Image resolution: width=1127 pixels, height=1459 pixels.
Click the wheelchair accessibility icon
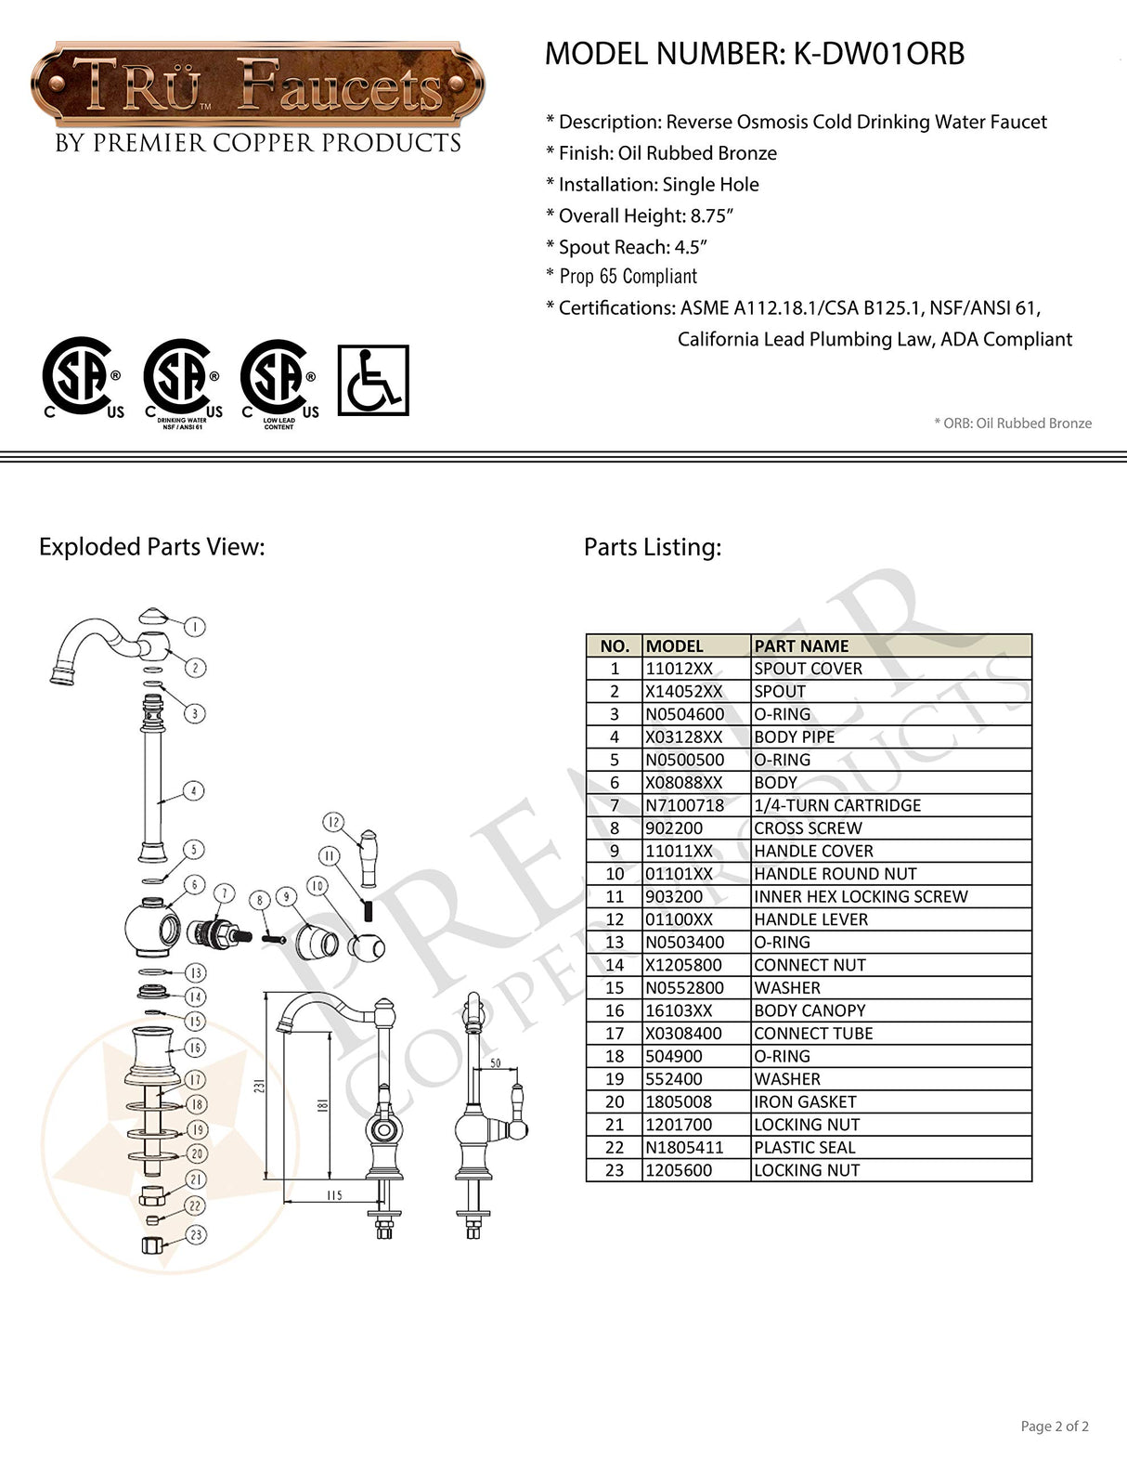pyautogui.click(x=372, y=380)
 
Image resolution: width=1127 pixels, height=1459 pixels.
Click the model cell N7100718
pyautogui.click(x=685, y=805)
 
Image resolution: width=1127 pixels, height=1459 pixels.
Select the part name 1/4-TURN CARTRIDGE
pyautogui.click(x=837, y=805)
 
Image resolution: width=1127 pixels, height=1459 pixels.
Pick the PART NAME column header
pyautogui.click(x=801, y=645)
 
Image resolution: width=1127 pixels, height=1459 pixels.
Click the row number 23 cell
pyautogui.click(x=615, y=1170)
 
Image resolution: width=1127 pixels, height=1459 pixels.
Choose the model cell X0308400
pyautogui.click(x=683, y=1033)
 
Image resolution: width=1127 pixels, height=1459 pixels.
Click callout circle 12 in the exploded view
pyautogui.click(x=333, y=822)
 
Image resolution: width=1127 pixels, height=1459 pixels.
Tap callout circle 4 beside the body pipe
pyautogui.click(x=193, y=791)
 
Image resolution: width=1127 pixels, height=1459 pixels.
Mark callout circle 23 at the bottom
pyautogui.click(x=196, y=1234)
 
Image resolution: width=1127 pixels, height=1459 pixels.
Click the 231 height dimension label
pyautogui.click(x=260, y=1086)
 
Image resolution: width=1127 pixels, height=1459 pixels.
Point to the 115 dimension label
pyautogui.click(x=334, y=1195)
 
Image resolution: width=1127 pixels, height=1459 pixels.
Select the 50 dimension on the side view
pyautogui.click(x=495, y=1062)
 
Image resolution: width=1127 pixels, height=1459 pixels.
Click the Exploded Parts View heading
pyautogui.click(x=152, y=547)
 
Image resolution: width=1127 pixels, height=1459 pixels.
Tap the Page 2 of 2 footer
pyautogui.click(x=1055, y=1426)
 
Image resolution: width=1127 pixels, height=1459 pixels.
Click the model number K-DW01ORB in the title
pyautogui.click(x=878, y=54)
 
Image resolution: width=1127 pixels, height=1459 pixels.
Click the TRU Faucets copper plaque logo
pyautogui.click(x=256, y=85)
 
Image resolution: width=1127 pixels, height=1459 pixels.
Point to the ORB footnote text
pyautogui.click(x=1013, y=423)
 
